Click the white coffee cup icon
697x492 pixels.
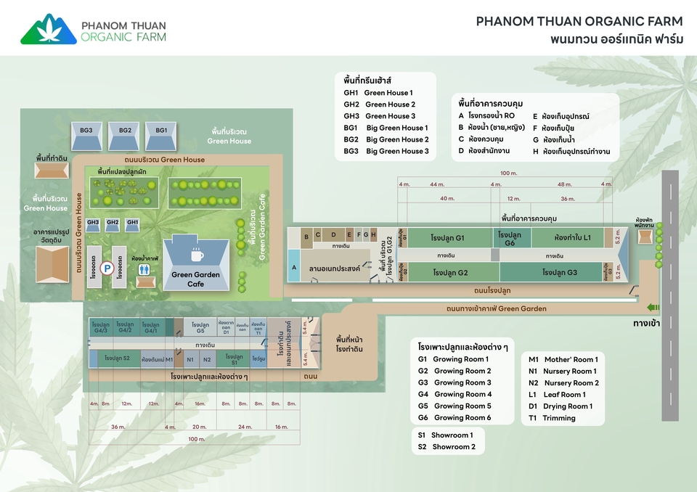pyautogui.click(x=197, y=255)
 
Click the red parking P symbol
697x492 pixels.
pyautogui.click(x=107, y=268)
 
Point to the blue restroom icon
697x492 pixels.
pyautogui.click(x=146, y=268)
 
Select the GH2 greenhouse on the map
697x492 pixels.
pyautogui.click(x=113, y=225)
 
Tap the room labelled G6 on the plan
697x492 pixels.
pyautogui.click(x=510, y=239)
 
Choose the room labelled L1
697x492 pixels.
pyautogui.click(x=573, y=238)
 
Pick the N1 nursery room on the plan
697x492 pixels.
pyautogui.click(x=190, y=359)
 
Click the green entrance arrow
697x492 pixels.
pyautogui.click(x=652, y=307)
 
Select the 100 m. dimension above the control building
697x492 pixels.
pyautogui.click(x=508, y=173)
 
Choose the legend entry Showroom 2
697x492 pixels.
pyautogui.click(x=445, y=447)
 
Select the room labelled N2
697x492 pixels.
pyautogui.click(x=207, y=359)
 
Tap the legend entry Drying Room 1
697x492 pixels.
pyautogui.click(x=560, y=406)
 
